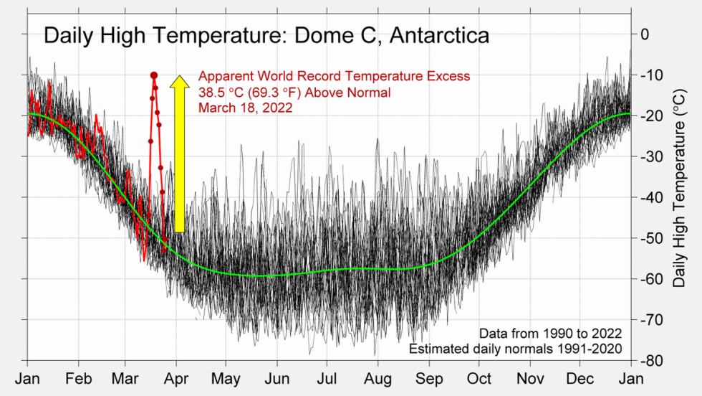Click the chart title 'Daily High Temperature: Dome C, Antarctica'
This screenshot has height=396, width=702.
pos(266,36)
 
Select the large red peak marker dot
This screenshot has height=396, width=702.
pos(154,75)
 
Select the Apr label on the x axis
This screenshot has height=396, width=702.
pos(177,378)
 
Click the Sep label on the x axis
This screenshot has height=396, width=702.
pos(429,378)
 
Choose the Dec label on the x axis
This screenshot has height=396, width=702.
pos(581,378)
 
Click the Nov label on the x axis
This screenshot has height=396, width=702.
pos(531,378)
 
